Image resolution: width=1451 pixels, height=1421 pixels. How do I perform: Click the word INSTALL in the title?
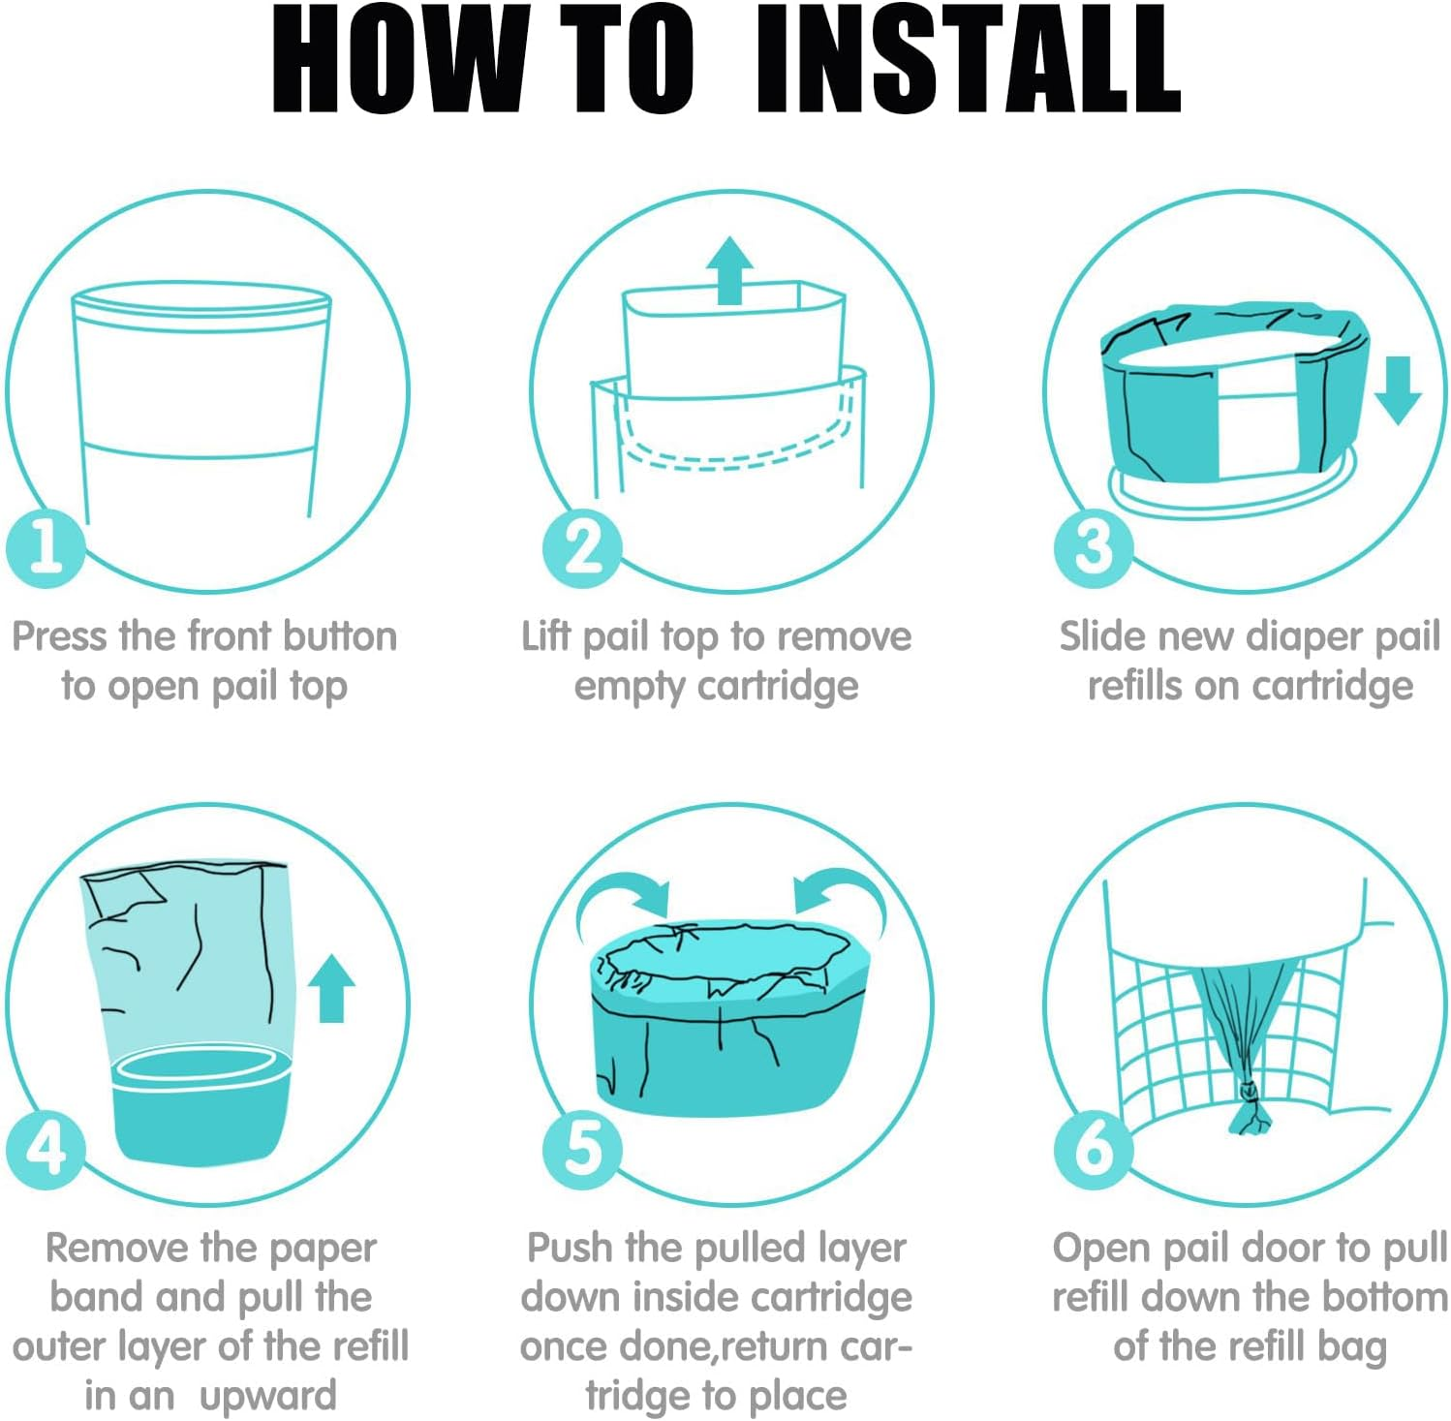point(967,59)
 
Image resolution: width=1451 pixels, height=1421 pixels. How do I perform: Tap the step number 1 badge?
point(46,547)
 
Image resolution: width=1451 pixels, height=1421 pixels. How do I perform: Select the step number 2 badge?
point(581,547)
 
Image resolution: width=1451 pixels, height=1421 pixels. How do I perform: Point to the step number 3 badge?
point(1094,547)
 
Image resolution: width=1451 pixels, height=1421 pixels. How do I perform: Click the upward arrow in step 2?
point(729,270)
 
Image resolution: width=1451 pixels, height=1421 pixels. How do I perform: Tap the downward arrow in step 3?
point(1398,389)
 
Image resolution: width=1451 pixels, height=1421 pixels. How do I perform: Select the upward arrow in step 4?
point(331,988)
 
